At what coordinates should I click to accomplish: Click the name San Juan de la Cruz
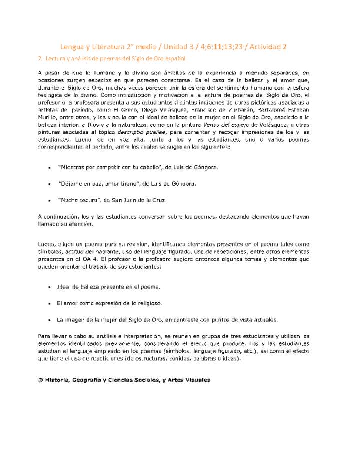142,200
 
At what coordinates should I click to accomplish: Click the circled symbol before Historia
41,380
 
